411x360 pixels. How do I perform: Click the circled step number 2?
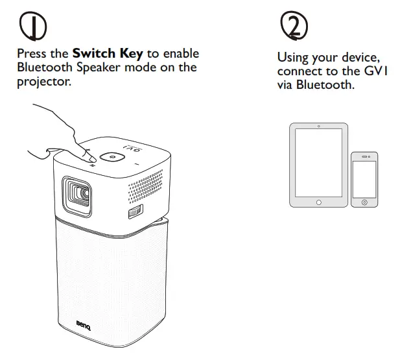[x=294, y=25]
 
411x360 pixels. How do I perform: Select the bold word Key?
[x=132, y=53]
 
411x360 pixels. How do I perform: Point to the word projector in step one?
[x=43, y=80]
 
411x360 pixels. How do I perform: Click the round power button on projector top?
[x=112, y=158]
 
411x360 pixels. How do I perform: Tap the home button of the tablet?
[x=318, y=202]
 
